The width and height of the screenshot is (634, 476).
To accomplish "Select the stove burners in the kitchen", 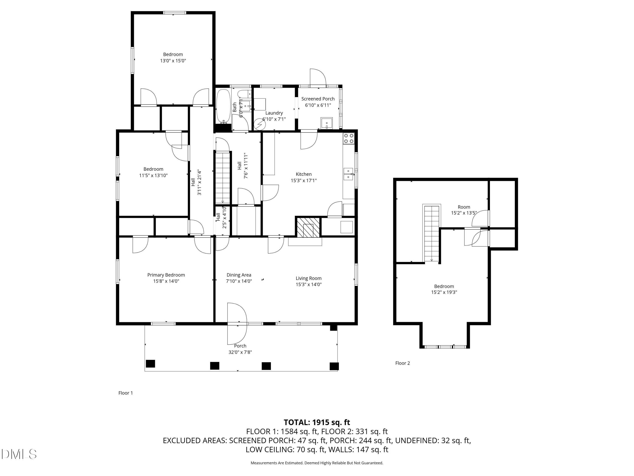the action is [x=348, y=138].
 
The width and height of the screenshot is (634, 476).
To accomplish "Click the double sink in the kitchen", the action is [x=348, y=174].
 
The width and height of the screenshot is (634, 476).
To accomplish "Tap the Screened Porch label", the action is [x=318, y=99].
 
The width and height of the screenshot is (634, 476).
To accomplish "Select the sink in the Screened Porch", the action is [x=327, y=123].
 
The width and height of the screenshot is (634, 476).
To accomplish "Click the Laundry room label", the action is [x=274, y=113].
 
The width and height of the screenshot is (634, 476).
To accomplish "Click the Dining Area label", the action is [x=239, y=275].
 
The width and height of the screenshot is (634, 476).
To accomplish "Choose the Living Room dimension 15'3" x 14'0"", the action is [x=309, y=285].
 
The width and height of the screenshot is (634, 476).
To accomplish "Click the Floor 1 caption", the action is [x=126, y=393].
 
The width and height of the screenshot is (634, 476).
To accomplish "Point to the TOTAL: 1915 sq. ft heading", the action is [x=317, y=422].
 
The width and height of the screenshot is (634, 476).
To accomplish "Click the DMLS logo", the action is [x=19, y=454].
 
